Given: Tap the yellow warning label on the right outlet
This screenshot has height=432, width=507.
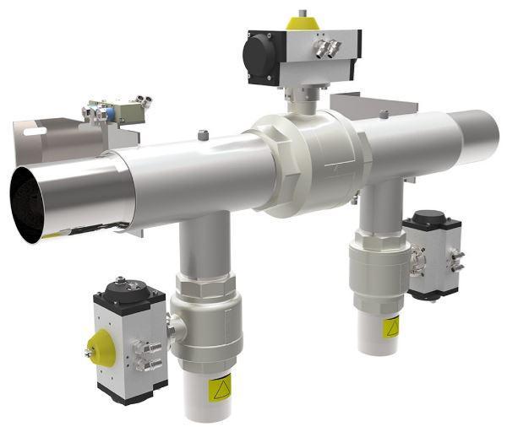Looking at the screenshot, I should pos(391,327).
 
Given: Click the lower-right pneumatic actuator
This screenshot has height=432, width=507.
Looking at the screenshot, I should pos(433,253).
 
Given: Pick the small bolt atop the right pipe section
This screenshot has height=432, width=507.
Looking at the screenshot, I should pos(384,114).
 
